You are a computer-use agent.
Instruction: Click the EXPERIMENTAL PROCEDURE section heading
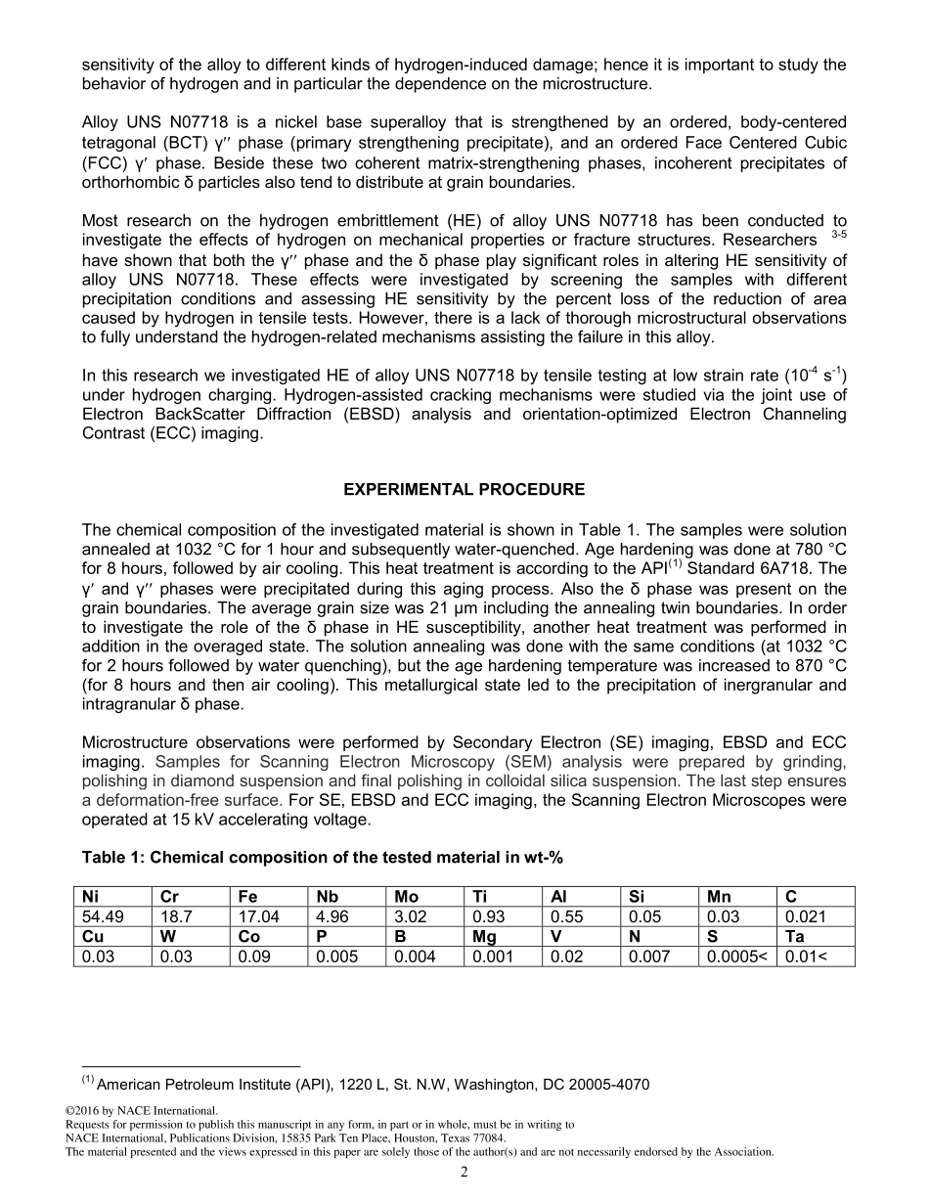click(x=464, y=489)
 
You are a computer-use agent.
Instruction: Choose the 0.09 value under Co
click(x=252, y=957)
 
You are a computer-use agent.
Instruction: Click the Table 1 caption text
click(x=323, y=858)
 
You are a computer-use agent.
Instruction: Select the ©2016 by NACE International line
click(x=141, y=1110)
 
